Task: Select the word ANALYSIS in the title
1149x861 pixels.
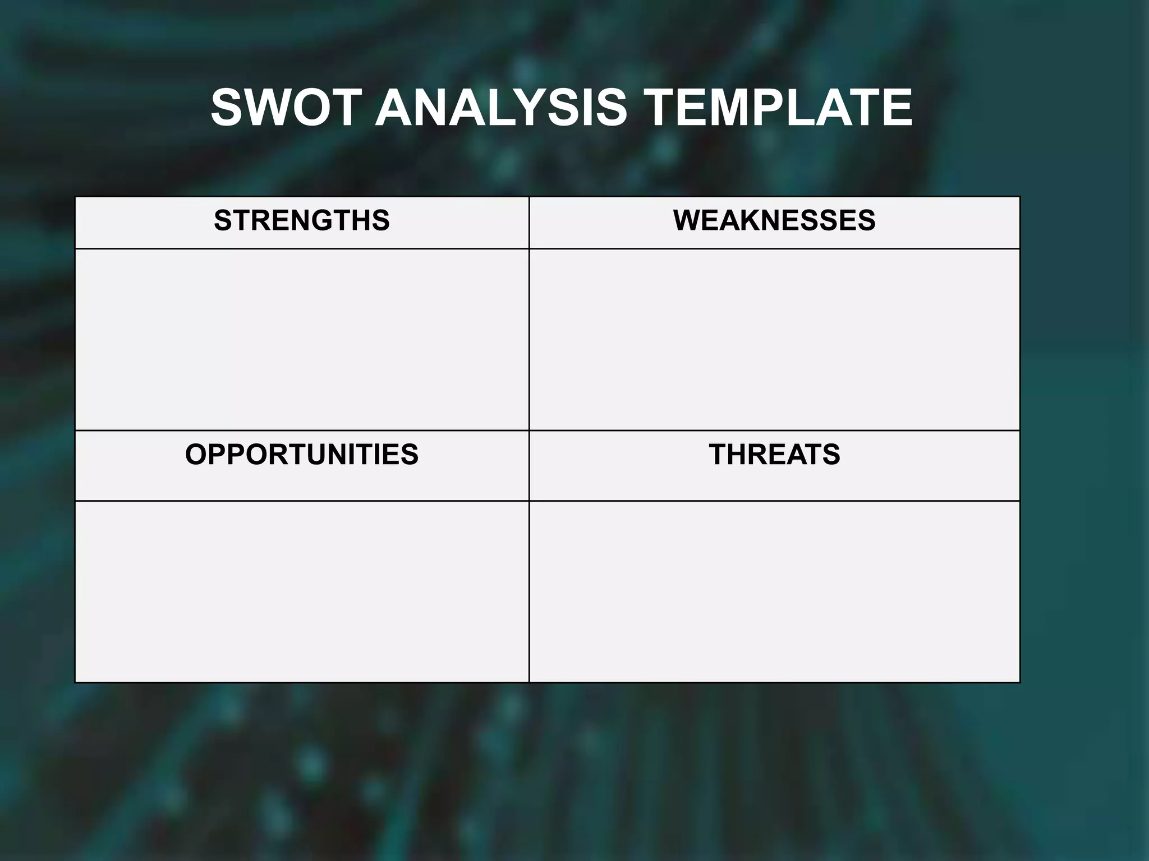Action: [x=500, y=108]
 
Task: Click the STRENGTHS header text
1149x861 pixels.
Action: [x=302, y=220]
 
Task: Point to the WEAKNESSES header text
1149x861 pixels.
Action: [x=774, y=220]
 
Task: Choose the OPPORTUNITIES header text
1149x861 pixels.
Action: [x=302, y=454]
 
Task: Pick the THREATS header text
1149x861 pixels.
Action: [x=774, y=454]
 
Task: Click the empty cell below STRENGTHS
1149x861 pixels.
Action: [x=302, y=339]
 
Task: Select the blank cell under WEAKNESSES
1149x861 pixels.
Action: [x=774, y=339]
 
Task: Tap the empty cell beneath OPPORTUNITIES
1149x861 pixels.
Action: [x=302, y=591]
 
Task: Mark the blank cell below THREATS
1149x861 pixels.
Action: [x=774, y=591]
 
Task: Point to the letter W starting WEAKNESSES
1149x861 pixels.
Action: [x=687, y=220]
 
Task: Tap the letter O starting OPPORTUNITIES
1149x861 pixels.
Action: [x=196, y=454]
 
